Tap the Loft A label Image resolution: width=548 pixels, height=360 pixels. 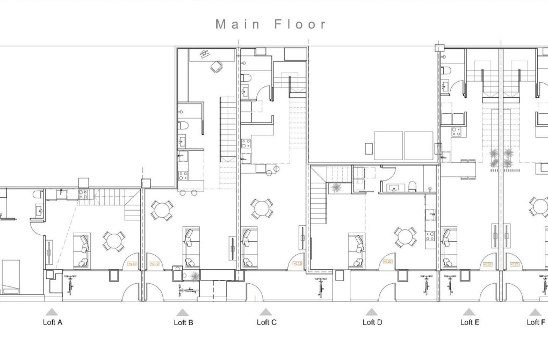point(52,322)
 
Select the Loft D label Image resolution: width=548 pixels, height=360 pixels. point(372,322)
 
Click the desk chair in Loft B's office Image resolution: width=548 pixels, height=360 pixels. point(216,67)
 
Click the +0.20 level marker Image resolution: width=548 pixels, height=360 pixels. point(387,262)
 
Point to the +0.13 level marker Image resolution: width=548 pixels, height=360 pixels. point(131,263)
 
